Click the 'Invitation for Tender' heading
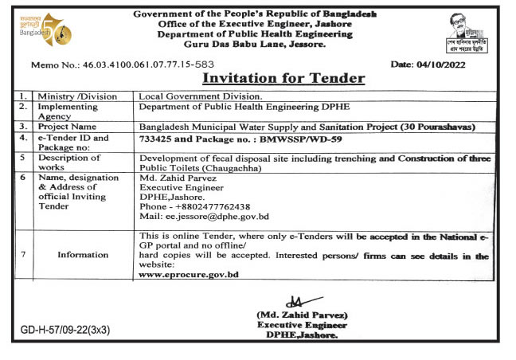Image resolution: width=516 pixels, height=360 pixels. (283, 78)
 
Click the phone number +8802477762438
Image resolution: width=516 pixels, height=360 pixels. (205, 206)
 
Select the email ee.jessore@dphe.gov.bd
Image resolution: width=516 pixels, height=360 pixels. (203, 216)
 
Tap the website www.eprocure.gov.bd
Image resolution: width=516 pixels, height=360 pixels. (188, 274)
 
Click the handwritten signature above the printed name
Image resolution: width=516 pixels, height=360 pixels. (295, 303)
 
